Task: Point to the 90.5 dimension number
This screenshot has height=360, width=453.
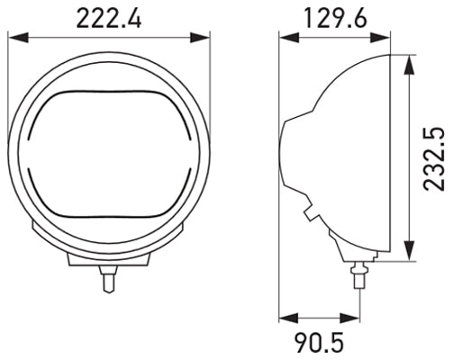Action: [x=320, y=342]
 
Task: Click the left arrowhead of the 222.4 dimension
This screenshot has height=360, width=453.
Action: [x=15, y=38]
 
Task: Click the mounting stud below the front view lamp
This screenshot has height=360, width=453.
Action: [x=108, y=278]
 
